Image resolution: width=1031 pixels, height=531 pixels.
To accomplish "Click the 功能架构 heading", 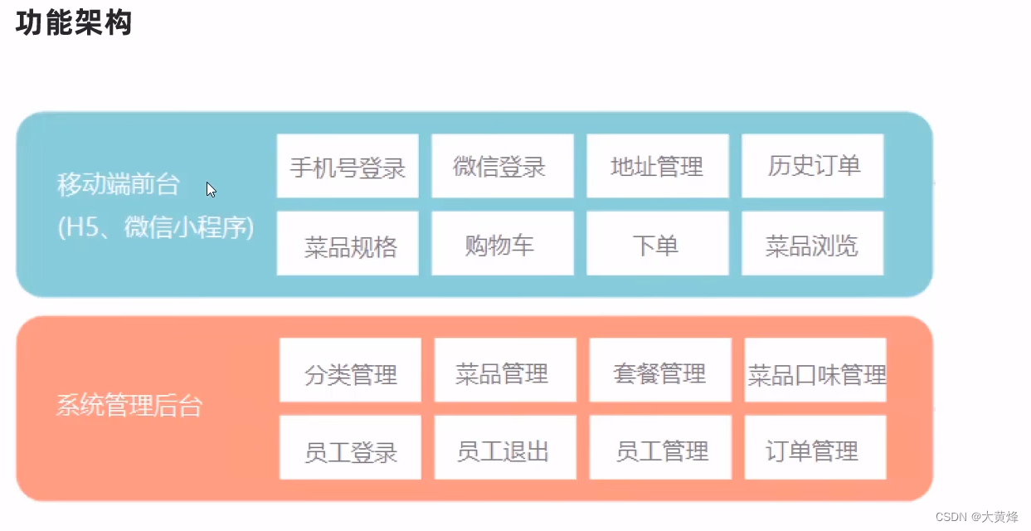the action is click(74, 23).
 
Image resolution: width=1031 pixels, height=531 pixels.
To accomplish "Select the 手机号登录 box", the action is click(348, 166).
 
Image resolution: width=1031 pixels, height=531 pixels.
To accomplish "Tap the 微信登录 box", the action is click(503, 166).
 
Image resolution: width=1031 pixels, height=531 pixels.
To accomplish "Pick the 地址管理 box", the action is click(658, 166).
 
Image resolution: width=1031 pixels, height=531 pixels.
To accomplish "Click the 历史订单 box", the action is click(813, 166).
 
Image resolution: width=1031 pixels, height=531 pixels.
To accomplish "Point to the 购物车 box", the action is click(503, 244).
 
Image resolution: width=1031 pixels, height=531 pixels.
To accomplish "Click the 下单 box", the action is click(658, 244).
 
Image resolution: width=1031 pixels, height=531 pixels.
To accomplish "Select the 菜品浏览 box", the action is click(813, 244).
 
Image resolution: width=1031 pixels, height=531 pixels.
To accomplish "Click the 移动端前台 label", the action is click(119, 184).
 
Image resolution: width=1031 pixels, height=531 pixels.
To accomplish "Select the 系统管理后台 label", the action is click(129, 407).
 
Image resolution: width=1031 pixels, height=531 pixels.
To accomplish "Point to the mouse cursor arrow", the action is click(211, 190).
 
